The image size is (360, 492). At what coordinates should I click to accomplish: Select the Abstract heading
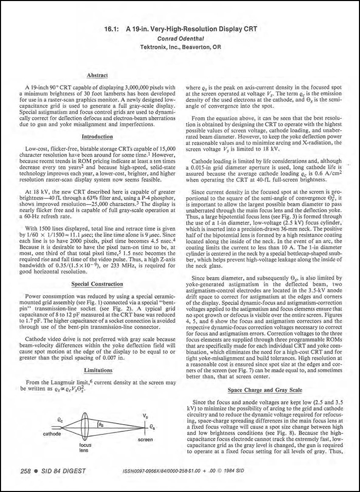pos(97,75)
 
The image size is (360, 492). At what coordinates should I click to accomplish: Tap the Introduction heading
pos(97,136)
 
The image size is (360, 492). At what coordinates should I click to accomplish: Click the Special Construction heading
pos(97,283)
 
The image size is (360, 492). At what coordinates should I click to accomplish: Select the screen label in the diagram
pos(145,440)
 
